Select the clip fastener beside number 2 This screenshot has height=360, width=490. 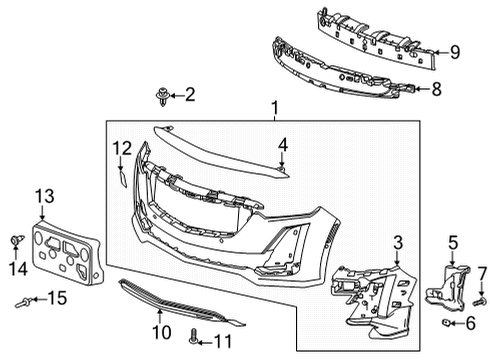pyautogui.click(x=160, y=95)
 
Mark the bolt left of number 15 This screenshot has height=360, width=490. pyautogui.click(x=22, y=298)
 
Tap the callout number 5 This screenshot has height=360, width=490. pyautogui.click(x=452, y=242)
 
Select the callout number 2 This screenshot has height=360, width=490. pyautogui.click(x=189, y=95)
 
